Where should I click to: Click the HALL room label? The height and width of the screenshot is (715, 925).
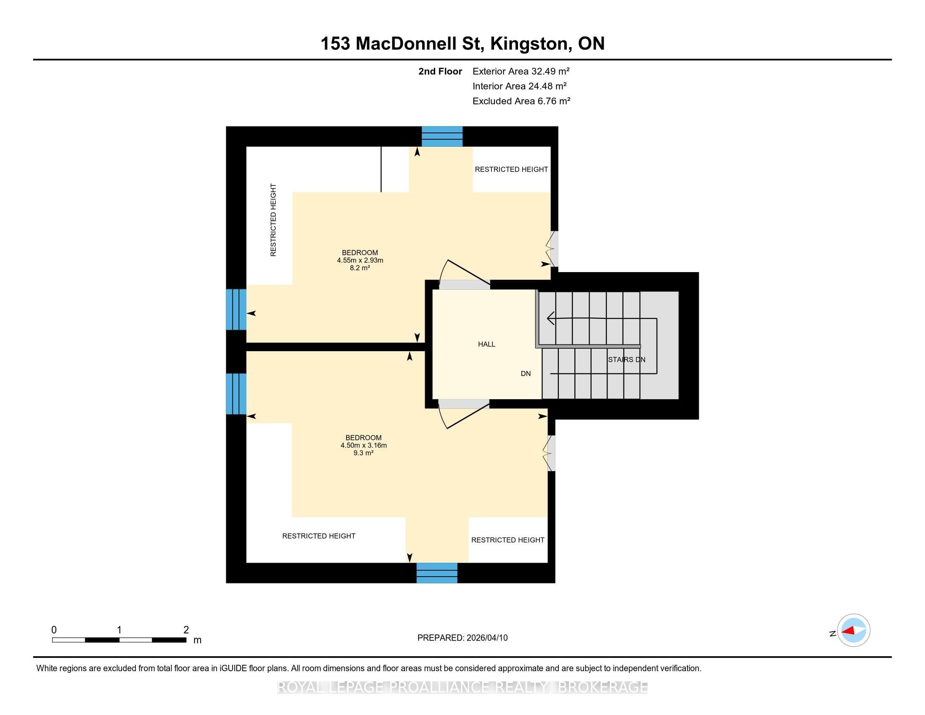[x=486, y=344]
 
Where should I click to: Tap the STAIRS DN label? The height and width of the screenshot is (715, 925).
[x=626, y=360]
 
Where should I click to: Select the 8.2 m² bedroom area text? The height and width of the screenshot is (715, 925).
[x=360, y=267]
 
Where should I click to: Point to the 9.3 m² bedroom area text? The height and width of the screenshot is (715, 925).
[x=363, y=453]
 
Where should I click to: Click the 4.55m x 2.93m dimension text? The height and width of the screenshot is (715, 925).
[x=360, y=260]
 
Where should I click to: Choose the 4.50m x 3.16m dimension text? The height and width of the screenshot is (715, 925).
[x=363, y=445]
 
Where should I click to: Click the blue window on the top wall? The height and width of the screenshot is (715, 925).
[x=442, y=136]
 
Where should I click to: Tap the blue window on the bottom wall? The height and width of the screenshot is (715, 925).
[x=437, y=573]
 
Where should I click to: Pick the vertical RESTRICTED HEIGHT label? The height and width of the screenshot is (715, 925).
[x=273, y=220]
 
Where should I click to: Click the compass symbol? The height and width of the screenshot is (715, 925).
[x=854, y=630]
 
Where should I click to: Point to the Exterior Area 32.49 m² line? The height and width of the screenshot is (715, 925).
[x=521, y=71]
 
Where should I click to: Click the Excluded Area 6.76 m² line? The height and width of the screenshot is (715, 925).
[x=521, y=101]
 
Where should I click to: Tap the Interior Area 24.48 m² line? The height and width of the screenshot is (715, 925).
[x=520, y=86]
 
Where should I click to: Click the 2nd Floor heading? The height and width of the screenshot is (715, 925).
[x=440, y=71]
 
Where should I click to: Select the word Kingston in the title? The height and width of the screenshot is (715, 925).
[x=529, y=44]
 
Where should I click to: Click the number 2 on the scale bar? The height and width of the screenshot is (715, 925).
[x=186, y=630]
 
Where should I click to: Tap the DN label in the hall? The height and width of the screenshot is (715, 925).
[x=526, y=373]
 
